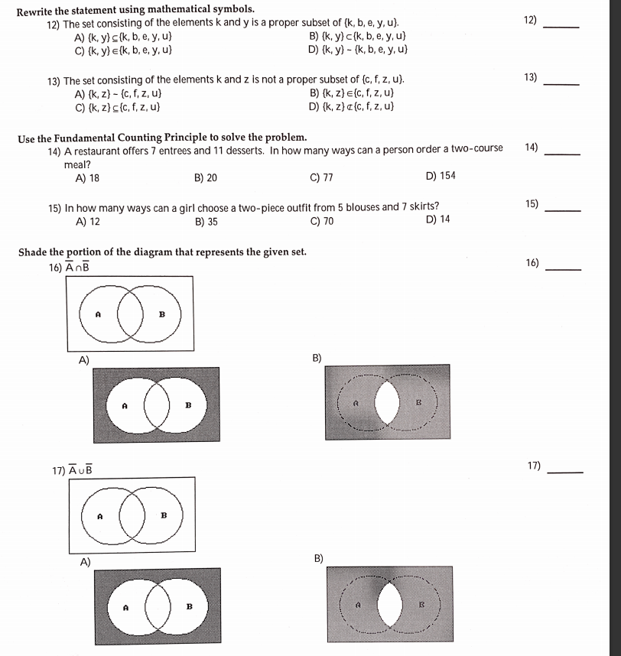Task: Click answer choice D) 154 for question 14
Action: coord(440,176)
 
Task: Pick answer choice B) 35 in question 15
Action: coord(206,221)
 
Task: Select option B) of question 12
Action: coord(356,36)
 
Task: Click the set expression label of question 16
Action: coord(76,265)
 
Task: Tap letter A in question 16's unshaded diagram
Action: coord(98,313)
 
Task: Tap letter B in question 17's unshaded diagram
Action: coord(161,516)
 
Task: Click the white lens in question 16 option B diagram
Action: coord(388,403)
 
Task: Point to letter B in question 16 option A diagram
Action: coord(187,404)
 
